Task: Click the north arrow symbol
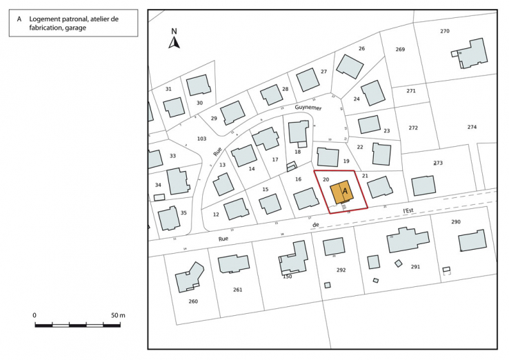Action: coord(174,42)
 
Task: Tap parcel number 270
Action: coord(444,31)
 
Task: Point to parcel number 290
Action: coord(455,221)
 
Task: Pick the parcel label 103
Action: coord(201,139)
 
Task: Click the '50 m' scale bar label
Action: coord(118,315)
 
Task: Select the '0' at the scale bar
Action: coord(34,315)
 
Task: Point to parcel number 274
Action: coord(472,127)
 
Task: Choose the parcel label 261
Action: coord(238,290)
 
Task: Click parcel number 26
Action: coord(361,48)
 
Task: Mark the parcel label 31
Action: coord(168,89)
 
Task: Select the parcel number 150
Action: coord(288,276)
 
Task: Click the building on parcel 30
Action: coord(199,85)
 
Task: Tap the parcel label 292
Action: coord(341,270)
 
